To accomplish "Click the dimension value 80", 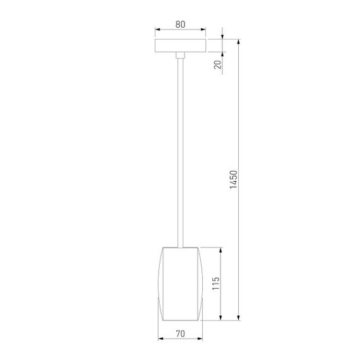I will (180, 25).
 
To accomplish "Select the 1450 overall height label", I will (232, 181).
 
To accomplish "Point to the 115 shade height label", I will (215, 283).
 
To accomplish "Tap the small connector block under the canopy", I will (181, 57).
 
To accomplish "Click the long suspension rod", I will (181, 152).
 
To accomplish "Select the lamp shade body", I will (181, 283).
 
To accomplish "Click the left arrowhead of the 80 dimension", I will (158, 30).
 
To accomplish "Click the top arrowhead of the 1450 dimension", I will (239, 42).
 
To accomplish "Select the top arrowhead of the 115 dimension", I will (221, 249).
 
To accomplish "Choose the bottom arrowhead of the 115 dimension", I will (221, 316).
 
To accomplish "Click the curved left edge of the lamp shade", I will (159, 283).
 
